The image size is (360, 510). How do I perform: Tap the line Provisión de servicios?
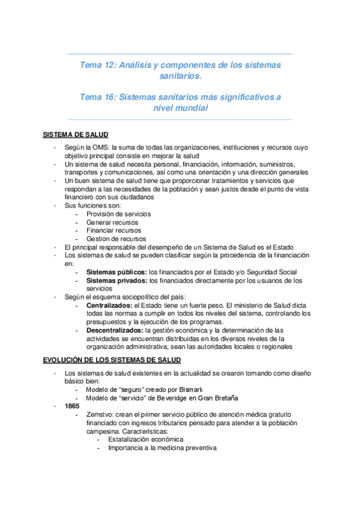point(118,214)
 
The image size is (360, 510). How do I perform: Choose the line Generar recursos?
point(112,222)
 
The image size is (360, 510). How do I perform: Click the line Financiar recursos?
point(114,230)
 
